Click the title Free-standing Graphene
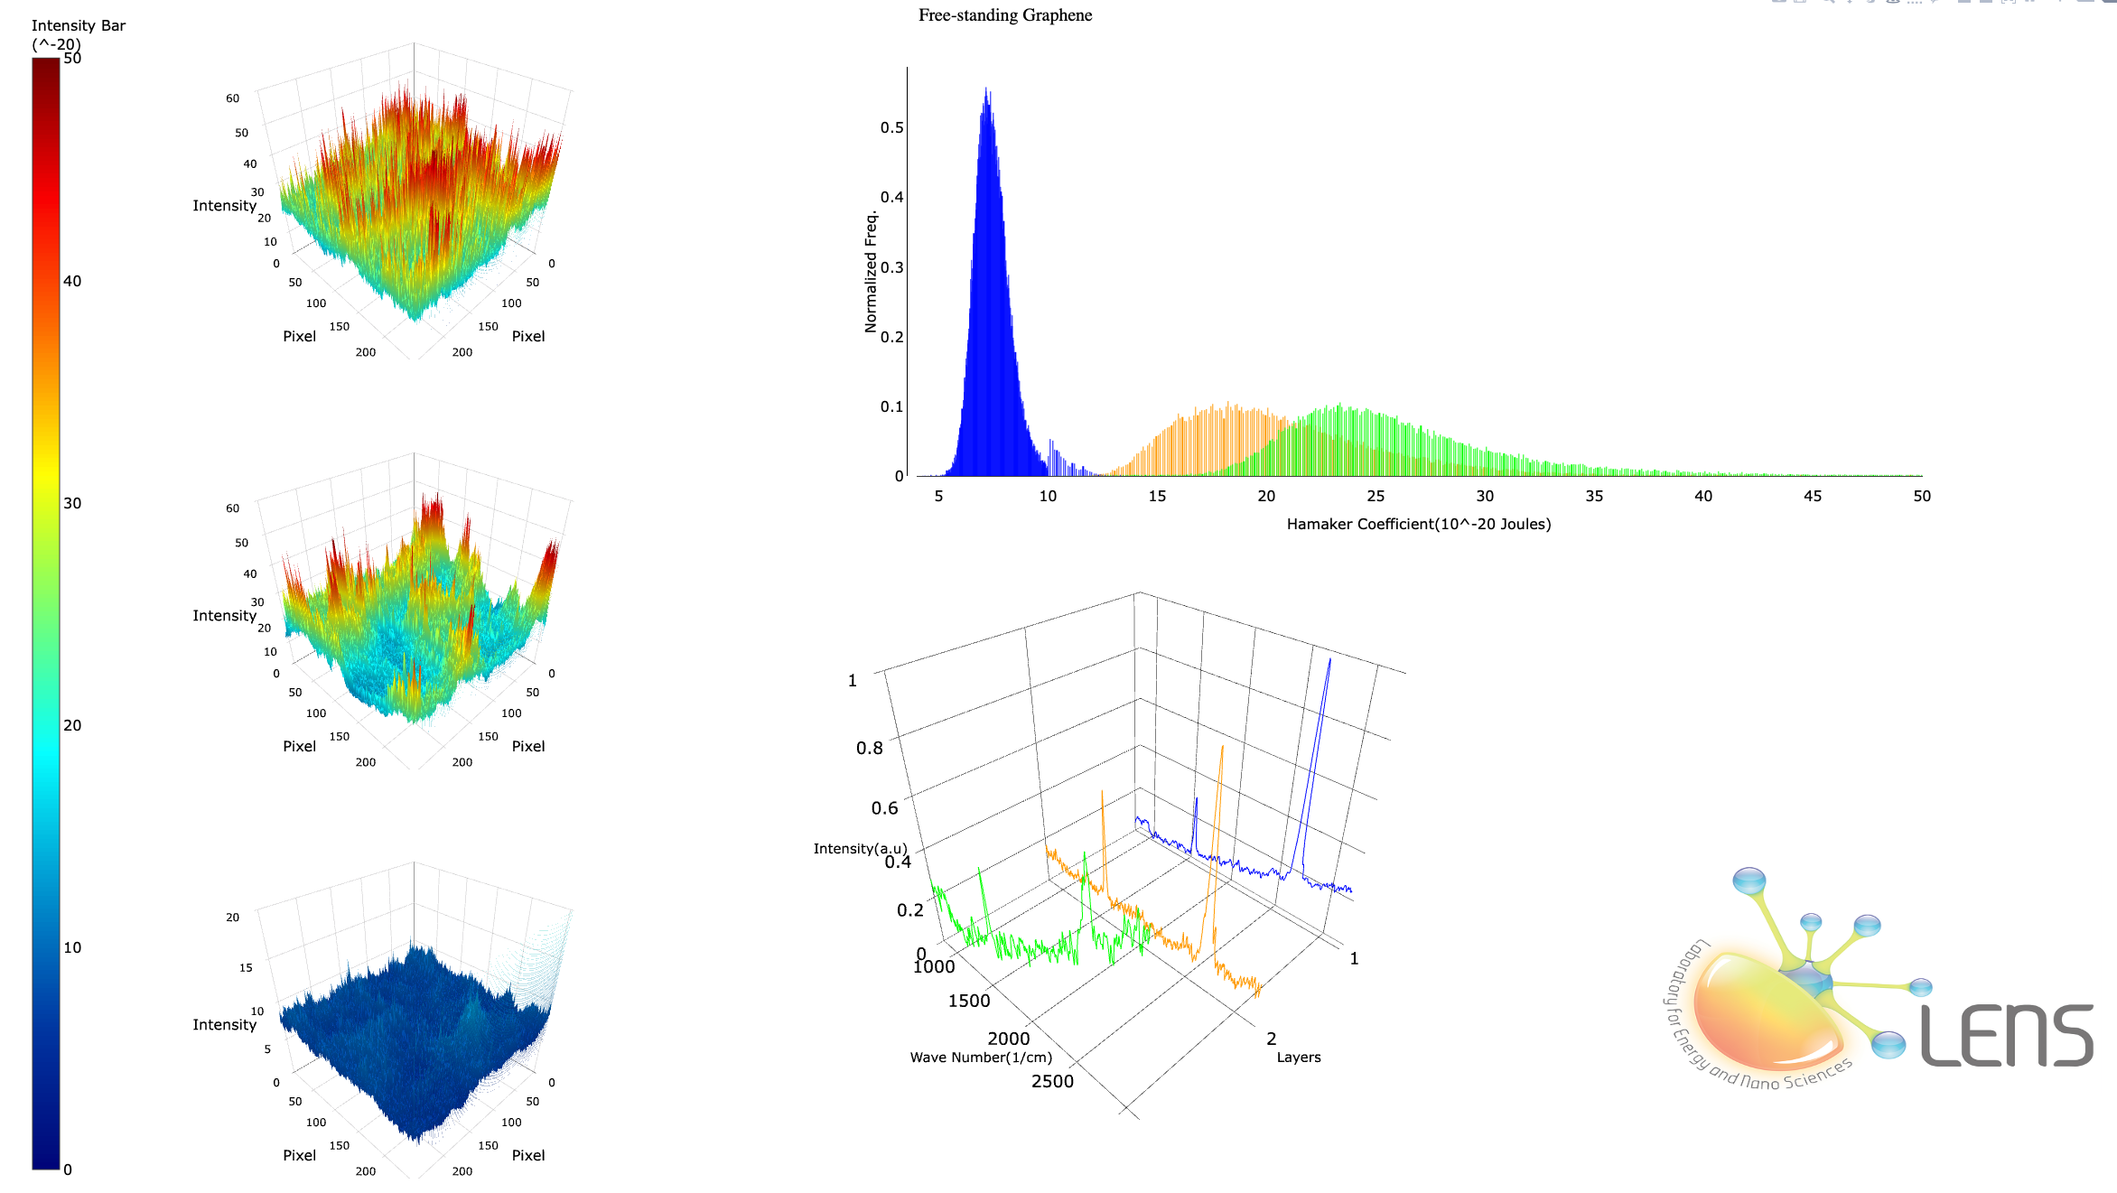(x=1004, y=15)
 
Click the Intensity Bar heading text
(x=78, y=25)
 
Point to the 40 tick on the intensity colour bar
(x=72, y=281)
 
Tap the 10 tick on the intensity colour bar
(x=72, y=947)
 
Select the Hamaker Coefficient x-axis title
(x=1418, y=524)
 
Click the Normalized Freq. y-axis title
(x=871, y=272)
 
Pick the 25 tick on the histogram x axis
(x=1376, y=496)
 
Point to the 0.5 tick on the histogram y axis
(x=891, y=127)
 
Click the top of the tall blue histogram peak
(x=986, y=89)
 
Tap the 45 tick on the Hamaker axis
(x=1812, y=496)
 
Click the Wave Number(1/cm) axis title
(x=981, y=1058)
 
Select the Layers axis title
(x=1298, y=1058)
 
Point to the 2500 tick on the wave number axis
(x=1052, y=1081)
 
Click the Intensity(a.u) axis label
(x=860, y=849)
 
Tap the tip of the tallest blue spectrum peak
(x=1329, y=660)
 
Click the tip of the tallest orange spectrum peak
(x=1223, y=747)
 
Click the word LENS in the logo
(x=2006, y=1036)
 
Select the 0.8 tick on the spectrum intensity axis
(x=869, y=748)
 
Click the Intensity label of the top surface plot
(x=224, y=206)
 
